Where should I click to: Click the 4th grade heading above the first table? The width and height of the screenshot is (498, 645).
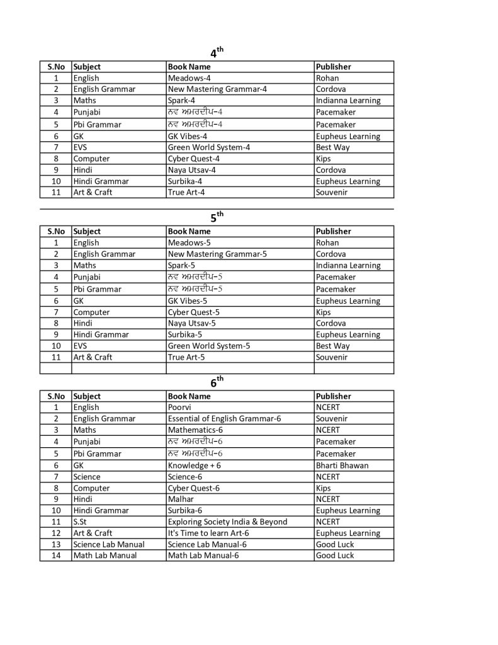point(216,54)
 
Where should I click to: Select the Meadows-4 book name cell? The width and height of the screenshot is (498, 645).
point(189,78)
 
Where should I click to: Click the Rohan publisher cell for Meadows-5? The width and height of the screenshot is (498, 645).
point(327,243)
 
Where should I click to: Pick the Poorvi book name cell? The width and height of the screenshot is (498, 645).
point(180,408)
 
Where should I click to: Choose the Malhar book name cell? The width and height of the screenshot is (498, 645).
point(181,499)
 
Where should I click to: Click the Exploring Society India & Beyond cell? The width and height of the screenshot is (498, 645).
point(227,522)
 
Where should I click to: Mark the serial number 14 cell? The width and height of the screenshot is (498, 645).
point(56,556)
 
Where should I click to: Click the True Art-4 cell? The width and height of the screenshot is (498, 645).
point(186,192)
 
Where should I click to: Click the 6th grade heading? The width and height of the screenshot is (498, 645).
point(216,382)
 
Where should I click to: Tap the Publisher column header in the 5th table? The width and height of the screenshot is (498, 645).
point(334,231)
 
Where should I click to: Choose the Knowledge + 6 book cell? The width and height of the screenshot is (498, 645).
point(194,465)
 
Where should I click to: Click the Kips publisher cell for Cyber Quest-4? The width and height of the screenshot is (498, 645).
point(323,159)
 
